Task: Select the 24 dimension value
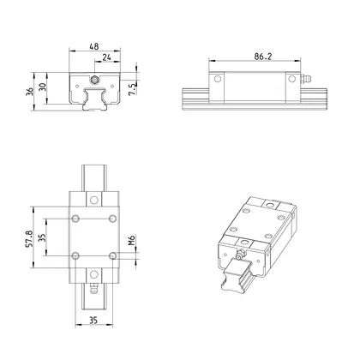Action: pos(106,58)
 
